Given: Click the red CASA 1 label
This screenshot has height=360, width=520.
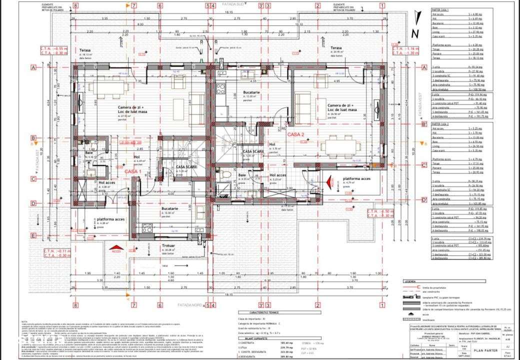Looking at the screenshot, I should pos(133,171).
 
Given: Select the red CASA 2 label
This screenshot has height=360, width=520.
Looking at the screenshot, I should pos(296,134).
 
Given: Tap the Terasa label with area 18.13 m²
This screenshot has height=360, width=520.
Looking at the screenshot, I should pos(85,51).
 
